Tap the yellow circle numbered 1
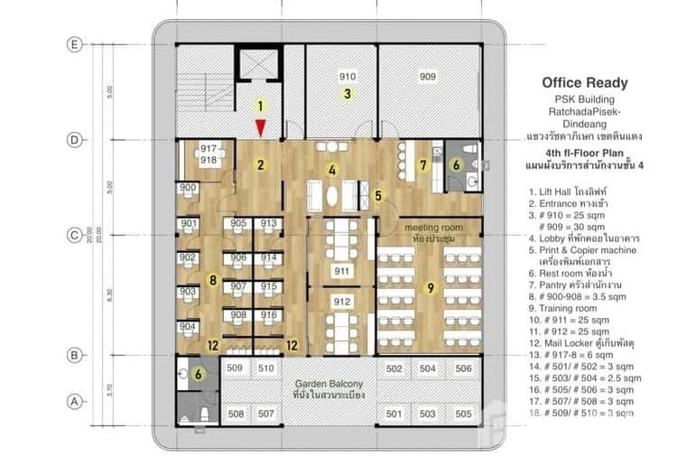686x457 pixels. pos(260,106)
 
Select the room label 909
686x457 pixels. pos(428,77)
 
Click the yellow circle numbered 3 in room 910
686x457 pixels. pos(346,93)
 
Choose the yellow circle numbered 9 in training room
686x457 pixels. pos(431,288)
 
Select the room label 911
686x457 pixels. pos(342,271)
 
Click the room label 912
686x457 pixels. pos(342,302)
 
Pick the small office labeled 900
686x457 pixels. pos(188,189)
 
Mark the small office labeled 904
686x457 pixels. pos(188,327)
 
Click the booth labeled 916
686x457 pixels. pos(269,314)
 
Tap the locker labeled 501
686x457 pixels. pos(394,414)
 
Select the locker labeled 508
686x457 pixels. pos(235,414)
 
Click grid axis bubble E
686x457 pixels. pos(75,43)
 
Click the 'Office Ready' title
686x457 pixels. pos(584,83)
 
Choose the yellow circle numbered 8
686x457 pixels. pos(212,280)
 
